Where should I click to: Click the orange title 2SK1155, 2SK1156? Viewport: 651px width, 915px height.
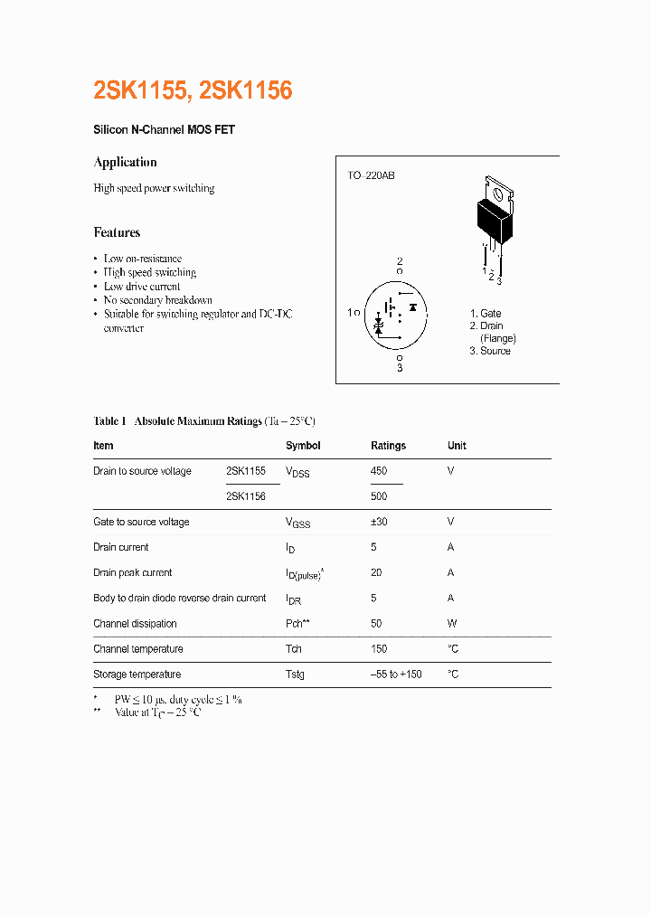click(x=193, y=90)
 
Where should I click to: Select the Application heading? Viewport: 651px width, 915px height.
click(x=125, y=162)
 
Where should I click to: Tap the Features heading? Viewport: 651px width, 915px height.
click(x=117, y=232)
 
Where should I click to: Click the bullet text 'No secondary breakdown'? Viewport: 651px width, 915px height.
click(x=157, y=300)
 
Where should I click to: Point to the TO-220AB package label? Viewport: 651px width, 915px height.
click(x=371, y=175)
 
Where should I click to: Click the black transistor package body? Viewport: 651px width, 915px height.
click(x=494, y=220)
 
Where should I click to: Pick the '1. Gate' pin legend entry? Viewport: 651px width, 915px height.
click(x=486, y=314)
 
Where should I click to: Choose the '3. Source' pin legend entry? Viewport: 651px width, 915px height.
click(x=489, y=351)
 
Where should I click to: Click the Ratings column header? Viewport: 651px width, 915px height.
click(x=388, y=446)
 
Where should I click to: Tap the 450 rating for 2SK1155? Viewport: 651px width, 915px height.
click(x=379, y=471)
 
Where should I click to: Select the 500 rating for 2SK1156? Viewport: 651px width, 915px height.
click(x=379, y=496)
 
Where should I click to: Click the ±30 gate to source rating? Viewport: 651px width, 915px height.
click(x=381, y=522)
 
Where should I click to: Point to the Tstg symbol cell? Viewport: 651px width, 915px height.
click(x=295, y=674)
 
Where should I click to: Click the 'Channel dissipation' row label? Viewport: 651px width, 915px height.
click(x=135, y=624)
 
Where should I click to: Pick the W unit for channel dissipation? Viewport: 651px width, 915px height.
click(x=452, y=624)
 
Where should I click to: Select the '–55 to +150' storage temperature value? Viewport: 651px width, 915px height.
click(x=396, y=674)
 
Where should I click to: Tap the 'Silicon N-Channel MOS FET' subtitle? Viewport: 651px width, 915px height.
click(x=164, y=130)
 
